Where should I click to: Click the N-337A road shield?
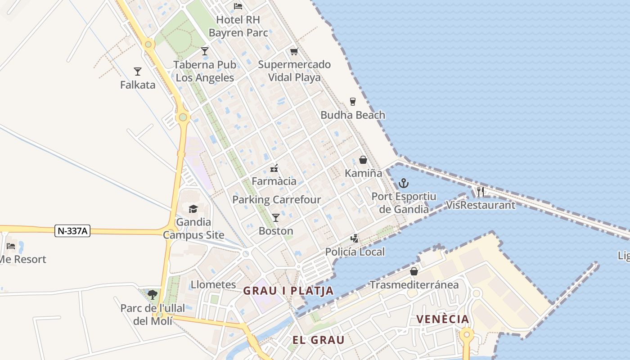[x=73, y=231]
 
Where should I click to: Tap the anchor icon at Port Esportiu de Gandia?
[x=404, y=183]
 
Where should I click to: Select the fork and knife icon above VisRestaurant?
[x=481, y=192]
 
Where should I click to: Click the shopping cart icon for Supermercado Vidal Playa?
[x=294, y=51]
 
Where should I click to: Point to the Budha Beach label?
[x=353, y=115]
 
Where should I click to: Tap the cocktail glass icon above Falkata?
[x=138, y=72]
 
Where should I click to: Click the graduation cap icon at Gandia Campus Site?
[x=193, y=209]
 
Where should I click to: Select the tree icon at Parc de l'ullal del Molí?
[x=153, y=295]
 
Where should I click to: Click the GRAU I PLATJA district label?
[x=288, y=291]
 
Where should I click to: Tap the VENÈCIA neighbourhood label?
[x=442, y=319]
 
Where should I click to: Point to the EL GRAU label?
[x=318, y=340]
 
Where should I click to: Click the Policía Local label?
[x=355, y=252]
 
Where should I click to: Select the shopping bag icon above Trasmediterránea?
[x=414, y=271]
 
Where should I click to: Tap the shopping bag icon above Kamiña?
[x=363, y=160]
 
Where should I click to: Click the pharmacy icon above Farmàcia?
[x=274, y=169]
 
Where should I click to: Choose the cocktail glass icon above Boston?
[x=276, y=218]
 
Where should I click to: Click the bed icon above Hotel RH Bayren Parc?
[x=238, y=6]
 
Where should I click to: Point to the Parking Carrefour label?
[x=276, y=200]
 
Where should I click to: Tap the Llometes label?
[x=213, y=285]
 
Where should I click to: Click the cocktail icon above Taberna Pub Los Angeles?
[x=205, y=51]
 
